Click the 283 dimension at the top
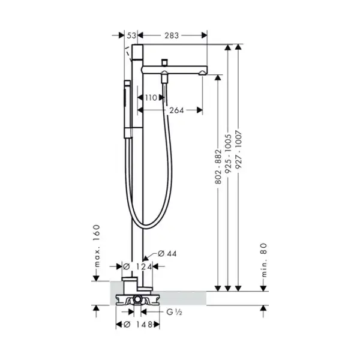click(x=172, y=35)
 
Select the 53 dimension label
click(x=131, y=35)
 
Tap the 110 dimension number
click(x=151, y=98)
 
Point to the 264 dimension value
click(x=176, y=110)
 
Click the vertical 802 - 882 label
click(x=218, y=167)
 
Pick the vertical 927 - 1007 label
click(x=239, y=149)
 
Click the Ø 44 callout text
click(x=167, y=253)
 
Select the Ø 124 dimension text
click(x=137, y=267)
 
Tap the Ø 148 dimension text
click(x=138, y=325)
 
